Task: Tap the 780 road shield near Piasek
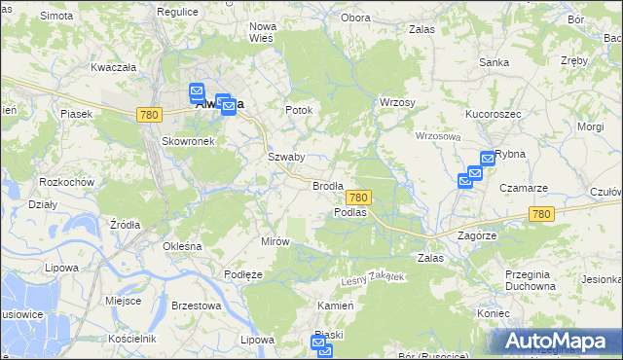pyautogui.click(x=149, y=115)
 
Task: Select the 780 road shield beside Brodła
pyautogui.click(x=357, y=198)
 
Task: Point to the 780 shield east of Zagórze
pyautogui.click(x=541, y=214)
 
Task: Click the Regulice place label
pyautogui.click(x=177, y=11)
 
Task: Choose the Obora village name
pyautogui.click(x=356, y=18)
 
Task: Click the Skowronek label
pyautogui.click(x=188, y=140)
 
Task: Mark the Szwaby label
pyautogui.click(x=286, y=157)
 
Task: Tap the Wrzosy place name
pyautogui.click(x=397, y=103)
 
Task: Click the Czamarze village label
pyautogui.click(x=524, y=188)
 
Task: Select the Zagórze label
pyautogui.click(x=477, y=235)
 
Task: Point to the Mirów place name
pyautogui.click(x=275, y=241)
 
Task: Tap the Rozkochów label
pyautogui.click(x=66, y=182)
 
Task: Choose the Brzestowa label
pyautogui.click(x=196, y=306)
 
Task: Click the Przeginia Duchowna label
pyautogui.click(x=531, y=280)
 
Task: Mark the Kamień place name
pyautogui.click(x=333, y=306)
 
